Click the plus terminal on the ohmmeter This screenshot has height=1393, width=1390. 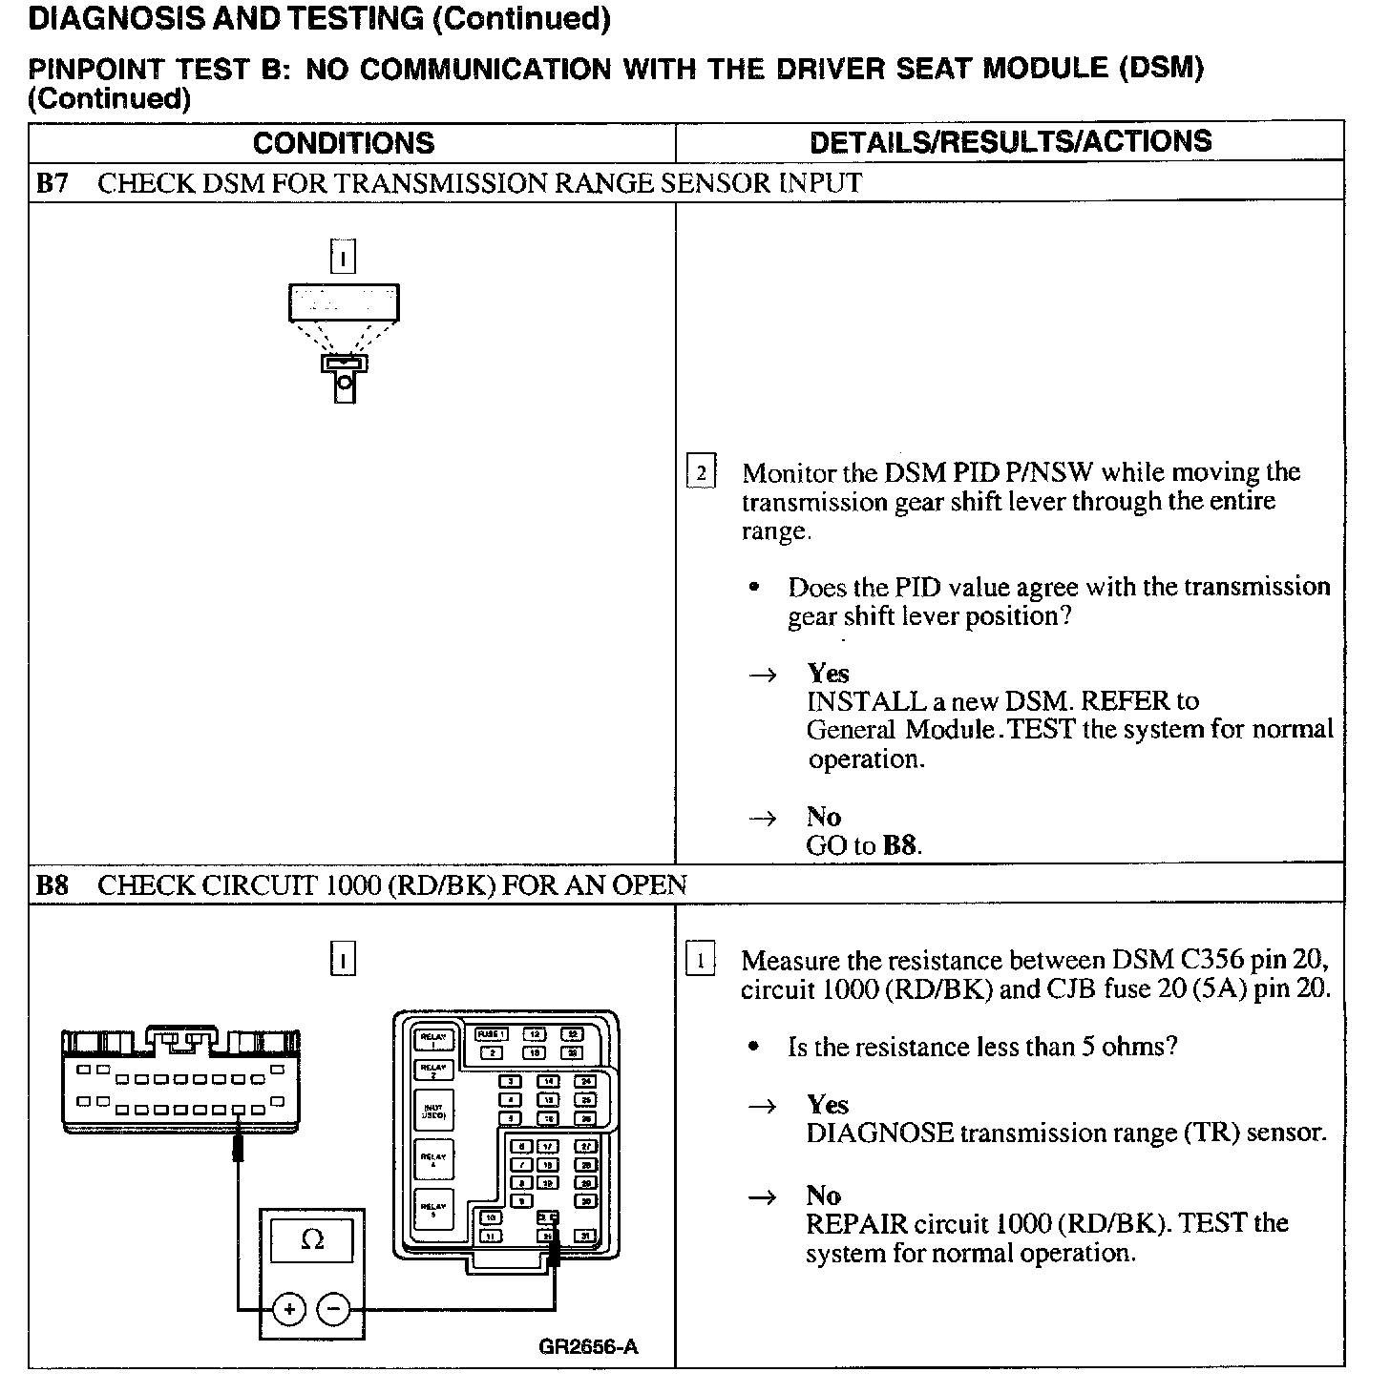(288, 1308)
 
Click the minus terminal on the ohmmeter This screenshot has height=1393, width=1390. (333, 1308)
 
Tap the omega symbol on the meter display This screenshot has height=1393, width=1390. (311, 1239)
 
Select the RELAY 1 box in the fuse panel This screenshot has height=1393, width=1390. (432, 1039)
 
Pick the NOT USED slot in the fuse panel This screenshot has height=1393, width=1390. (432, 1111)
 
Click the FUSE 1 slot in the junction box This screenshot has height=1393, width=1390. (492, 1034)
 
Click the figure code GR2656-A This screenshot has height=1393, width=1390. (588, 1346)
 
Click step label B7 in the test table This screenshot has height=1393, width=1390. (53, 182)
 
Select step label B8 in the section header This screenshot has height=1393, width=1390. (53, 884)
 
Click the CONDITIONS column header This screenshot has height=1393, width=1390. (344, 143)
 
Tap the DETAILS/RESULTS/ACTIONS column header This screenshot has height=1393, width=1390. (1010, 142)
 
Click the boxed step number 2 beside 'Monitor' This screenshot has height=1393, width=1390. (701, 472)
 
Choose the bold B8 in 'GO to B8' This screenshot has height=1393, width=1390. (899, 845)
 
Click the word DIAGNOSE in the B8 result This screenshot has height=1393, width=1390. (879, 1133)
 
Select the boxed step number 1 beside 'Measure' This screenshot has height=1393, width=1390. (701, 960)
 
